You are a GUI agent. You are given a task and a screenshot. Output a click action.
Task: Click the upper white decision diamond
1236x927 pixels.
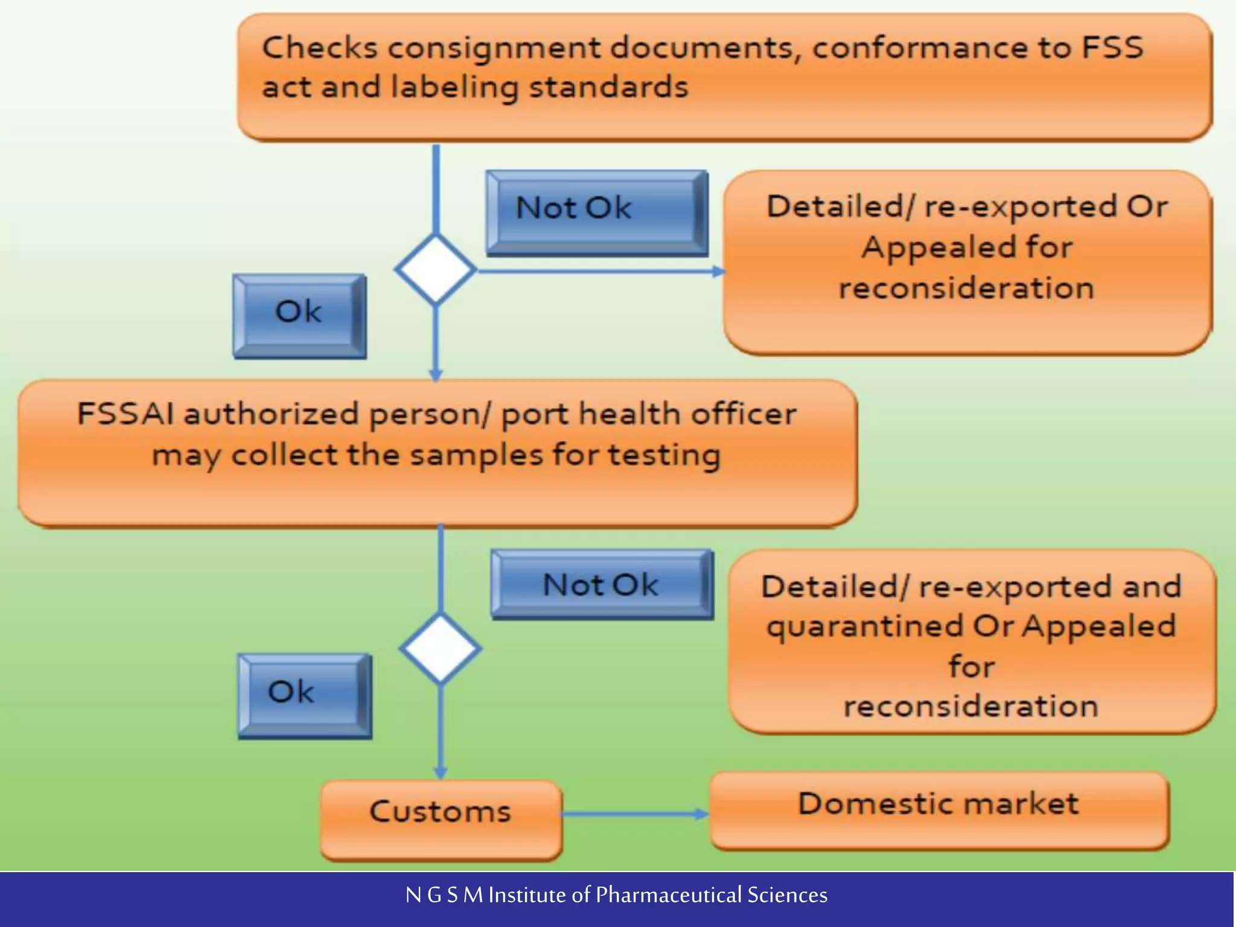436,269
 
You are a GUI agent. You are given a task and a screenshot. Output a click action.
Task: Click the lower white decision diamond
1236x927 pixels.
441,649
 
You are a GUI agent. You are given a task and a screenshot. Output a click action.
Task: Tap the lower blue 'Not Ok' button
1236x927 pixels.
601,584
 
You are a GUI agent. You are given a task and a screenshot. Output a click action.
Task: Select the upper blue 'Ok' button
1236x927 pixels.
299,316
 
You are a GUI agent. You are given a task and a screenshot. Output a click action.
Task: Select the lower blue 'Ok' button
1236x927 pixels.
304,695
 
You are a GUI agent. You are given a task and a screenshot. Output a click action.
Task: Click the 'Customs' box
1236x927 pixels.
441,818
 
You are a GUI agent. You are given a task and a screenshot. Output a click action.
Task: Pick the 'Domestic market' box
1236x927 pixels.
938,810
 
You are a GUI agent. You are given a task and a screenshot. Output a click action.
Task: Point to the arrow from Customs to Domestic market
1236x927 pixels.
634,814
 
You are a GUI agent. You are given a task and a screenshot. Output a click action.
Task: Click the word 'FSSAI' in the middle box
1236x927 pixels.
125,415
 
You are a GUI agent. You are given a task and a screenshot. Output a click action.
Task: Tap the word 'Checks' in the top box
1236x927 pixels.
320,48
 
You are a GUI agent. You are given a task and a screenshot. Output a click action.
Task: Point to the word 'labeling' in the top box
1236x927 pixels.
454,88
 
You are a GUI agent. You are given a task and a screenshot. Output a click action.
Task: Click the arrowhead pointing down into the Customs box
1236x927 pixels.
441,772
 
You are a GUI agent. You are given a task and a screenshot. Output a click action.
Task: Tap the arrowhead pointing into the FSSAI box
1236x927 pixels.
436,374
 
